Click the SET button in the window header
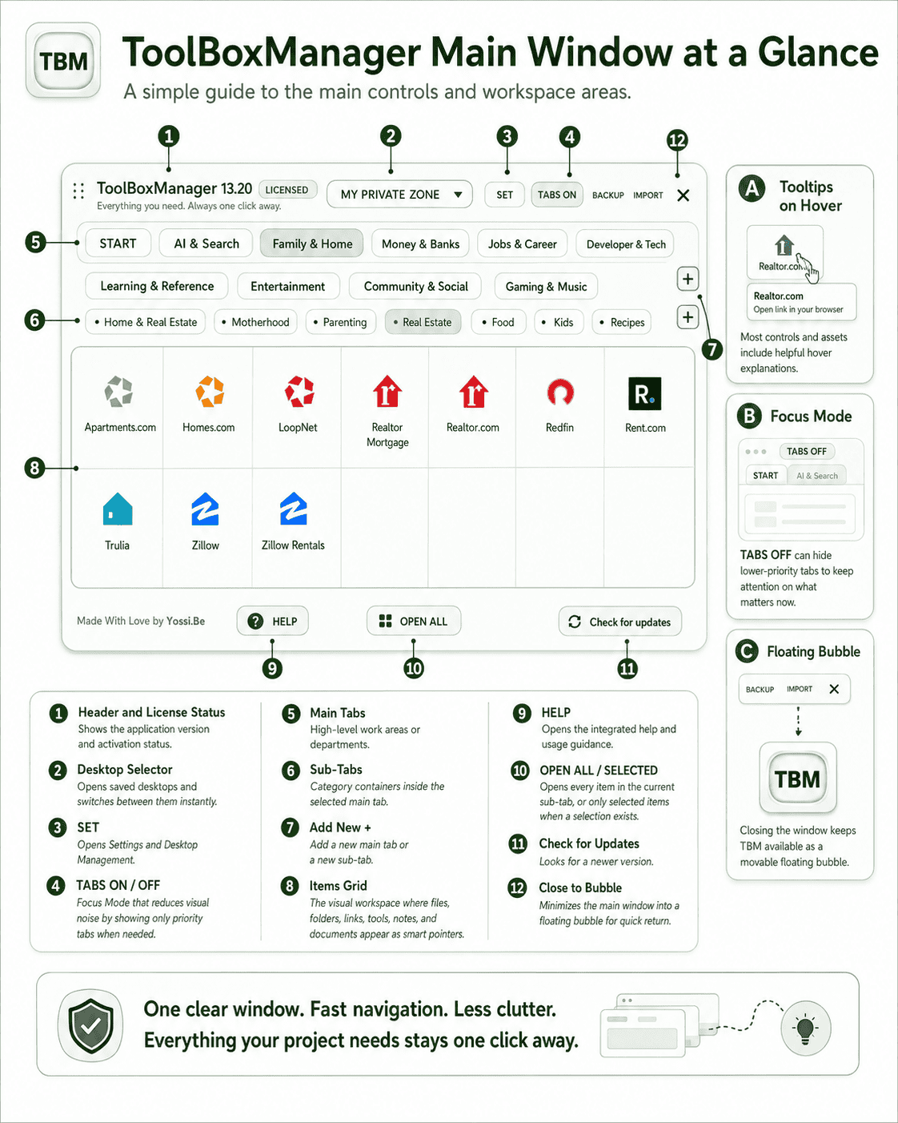[504, 195]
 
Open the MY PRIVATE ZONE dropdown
[399, 195]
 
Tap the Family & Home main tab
[312, 244]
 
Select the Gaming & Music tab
[546, 287]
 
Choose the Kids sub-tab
[559, 322]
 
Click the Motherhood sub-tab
[255, 322]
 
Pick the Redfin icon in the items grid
[560, 392]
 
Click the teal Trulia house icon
[118, 509]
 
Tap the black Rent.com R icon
[644, 393]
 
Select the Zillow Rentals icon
[293, 509]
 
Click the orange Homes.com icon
[210, 392]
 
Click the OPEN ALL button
[414, 621]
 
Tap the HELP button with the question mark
[272, 621]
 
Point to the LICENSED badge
[287, 190]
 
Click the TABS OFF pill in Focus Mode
[806, 452]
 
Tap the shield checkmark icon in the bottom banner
[90, 1026]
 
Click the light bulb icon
[805, 1028]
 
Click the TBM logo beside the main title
[63, 61]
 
